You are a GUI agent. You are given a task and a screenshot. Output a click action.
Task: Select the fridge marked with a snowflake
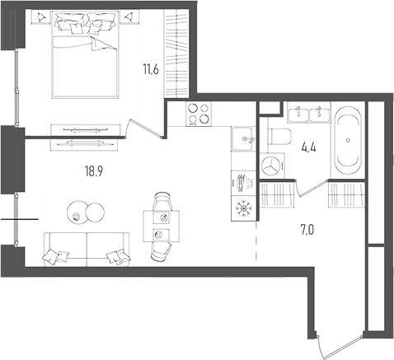[242, 206]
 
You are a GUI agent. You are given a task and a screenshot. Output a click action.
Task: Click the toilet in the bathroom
[277, 138]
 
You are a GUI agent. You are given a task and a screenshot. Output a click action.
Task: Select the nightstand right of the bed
[129, 17]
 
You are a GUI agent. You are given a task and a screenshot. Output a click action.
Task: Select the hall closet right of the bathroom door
[345, 195]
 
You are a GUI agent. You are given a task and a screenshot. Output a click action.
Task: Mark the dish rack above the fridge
[242, 180]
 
